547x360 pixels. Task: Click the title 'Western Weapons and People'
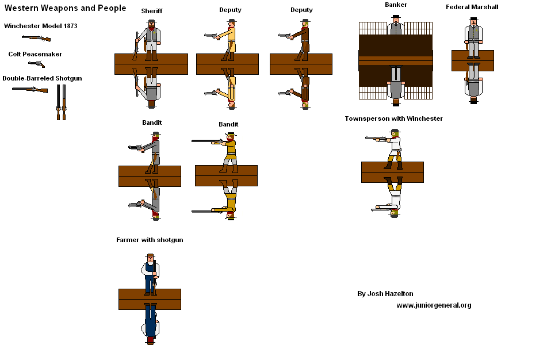66,8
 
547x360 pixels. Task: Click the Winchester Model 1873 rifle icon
36,38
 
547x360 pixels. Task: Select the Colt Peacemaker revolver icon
36,64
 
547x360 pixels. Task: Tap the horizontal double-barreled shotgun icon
30,90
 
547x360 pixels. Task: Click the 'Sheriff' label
151,11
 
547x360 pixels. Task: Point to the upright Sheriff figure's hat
151,21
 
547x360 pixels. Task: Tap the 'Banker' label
396,5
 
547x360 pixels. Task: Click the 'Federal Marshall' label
472,7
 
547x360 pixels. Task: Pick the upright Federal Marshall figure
473,38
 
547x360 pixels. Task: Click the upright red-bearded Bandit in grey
154,151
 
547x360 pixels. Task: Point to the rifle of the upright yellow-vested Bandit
207,141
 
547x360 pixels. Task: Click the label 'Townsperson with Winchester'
393,118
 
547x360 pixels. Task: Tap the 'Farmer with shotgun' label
150,240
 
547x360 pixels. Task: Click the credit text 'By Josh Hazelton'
385,294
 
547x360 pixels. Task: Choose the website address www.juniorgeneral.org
433,305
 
